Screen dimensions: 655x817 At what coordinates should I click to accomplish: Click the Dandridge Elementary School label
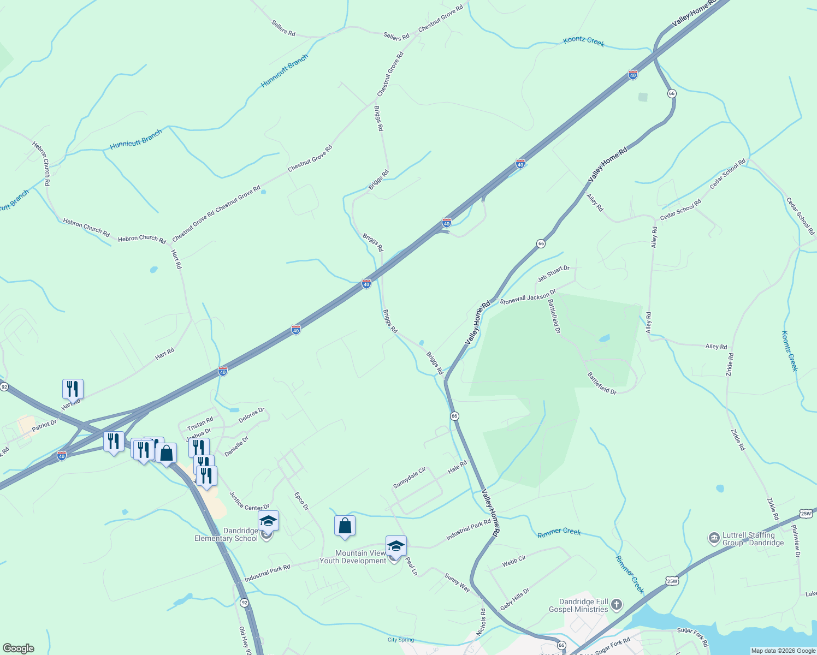pyautogui.click(x=226, y=534)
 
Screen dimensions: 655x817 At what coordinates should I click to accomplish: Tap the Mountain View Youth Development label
pyautogui.click(x=353, y=557)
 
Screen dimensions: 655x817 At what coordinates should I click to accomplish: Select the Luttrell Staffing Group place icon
pyautogui.click(x=714, y=539)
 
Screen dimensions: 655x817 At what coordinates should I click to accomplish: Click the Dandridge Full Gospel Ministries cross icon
pyautogui.click(x=617, y=605)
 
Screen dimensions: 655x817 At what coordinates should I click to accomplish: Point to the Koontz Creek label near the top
pyautogui.click(x=584, y=41)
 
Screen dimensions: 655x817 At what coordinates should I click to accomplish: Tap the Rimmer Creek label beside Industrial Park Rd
pyautogui.click(x=559, y=532)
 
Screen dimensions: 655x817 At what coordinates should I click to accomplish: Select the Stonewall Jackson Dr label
pyautogui.click(x=528, y=297)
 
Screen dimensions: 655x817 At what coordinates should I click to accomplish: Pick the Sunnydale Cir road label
pyautogui.click(x=409, y=478)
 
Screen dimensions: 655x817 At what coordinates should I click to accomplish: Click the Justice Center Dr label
pyautogui.click(x=249, y=501)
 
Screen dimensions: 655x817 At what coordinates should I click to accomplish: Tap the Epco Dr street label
pyautogui.click(x=301, y=501)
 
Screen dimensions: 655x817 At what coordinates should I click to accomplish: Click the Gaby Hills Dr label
pyautogui.click(x=515, y=599)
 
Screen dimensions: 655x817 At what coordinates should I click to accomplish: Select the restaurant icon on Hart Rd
pyautogui.click(x=73, y=389)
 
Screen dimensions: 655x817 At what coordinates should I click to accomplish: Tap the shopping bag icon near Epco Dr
pyautogui.click(x=345, y=526)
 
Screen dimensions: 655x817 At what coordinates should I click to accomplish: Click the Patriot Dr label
pyautogui.click(x=44, y=425)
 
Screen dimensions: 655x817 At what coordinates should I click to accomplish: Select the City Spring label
pyautogui.click(x=401, y=640)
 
